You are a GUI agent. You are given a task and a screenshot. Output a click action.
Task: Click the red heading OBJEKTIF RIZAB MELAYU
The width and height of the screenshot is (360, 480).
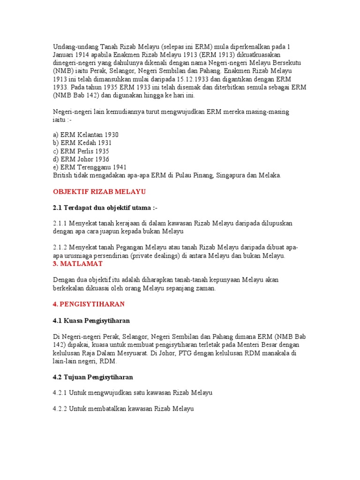point(99,192)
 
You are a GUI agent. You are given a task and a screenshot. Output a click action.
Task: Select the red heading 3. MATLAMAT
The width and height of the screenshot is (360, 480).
point(78,264)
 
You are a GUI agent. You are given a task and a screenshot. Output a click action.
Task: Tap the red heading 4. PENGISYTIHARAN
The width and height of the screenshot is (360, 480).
point(89,304)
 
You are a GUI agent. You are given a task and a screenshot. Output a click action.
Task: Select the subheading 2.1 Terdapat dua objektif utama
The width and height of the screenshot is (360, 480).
point(108,207)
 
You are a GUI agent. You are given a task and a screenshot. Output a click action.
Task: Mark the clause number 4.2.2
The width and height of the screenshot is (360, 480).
point(60,409)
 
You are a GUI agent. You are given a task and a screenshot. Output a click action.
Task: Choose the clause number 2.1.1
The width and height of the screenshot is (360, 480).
point(60,224)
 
